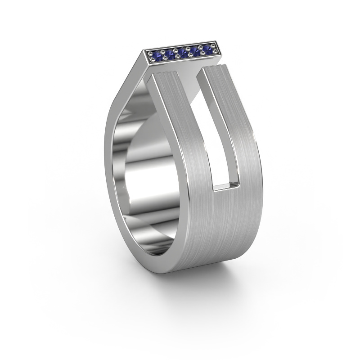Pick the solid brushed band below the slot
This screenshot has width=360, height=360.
coord(225,225)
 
